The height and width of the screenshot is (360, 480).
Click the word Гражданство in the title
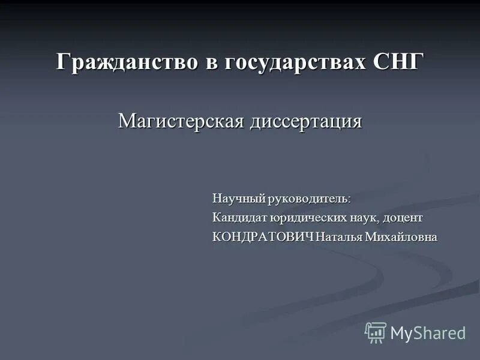[129, 62]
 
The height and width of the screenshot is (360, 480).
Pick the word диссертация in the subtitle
[306, 122]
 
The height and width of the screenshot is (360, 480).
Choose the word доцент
[402, 217]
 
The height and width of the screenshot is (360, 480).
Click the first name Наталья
[338, 237]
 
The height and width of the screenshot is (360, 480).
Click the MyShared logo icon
[376, 332]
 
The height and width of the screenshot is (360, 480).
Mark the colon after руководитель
[349, 199]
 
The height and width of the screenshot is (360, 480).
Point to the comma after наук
[378, 220]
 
